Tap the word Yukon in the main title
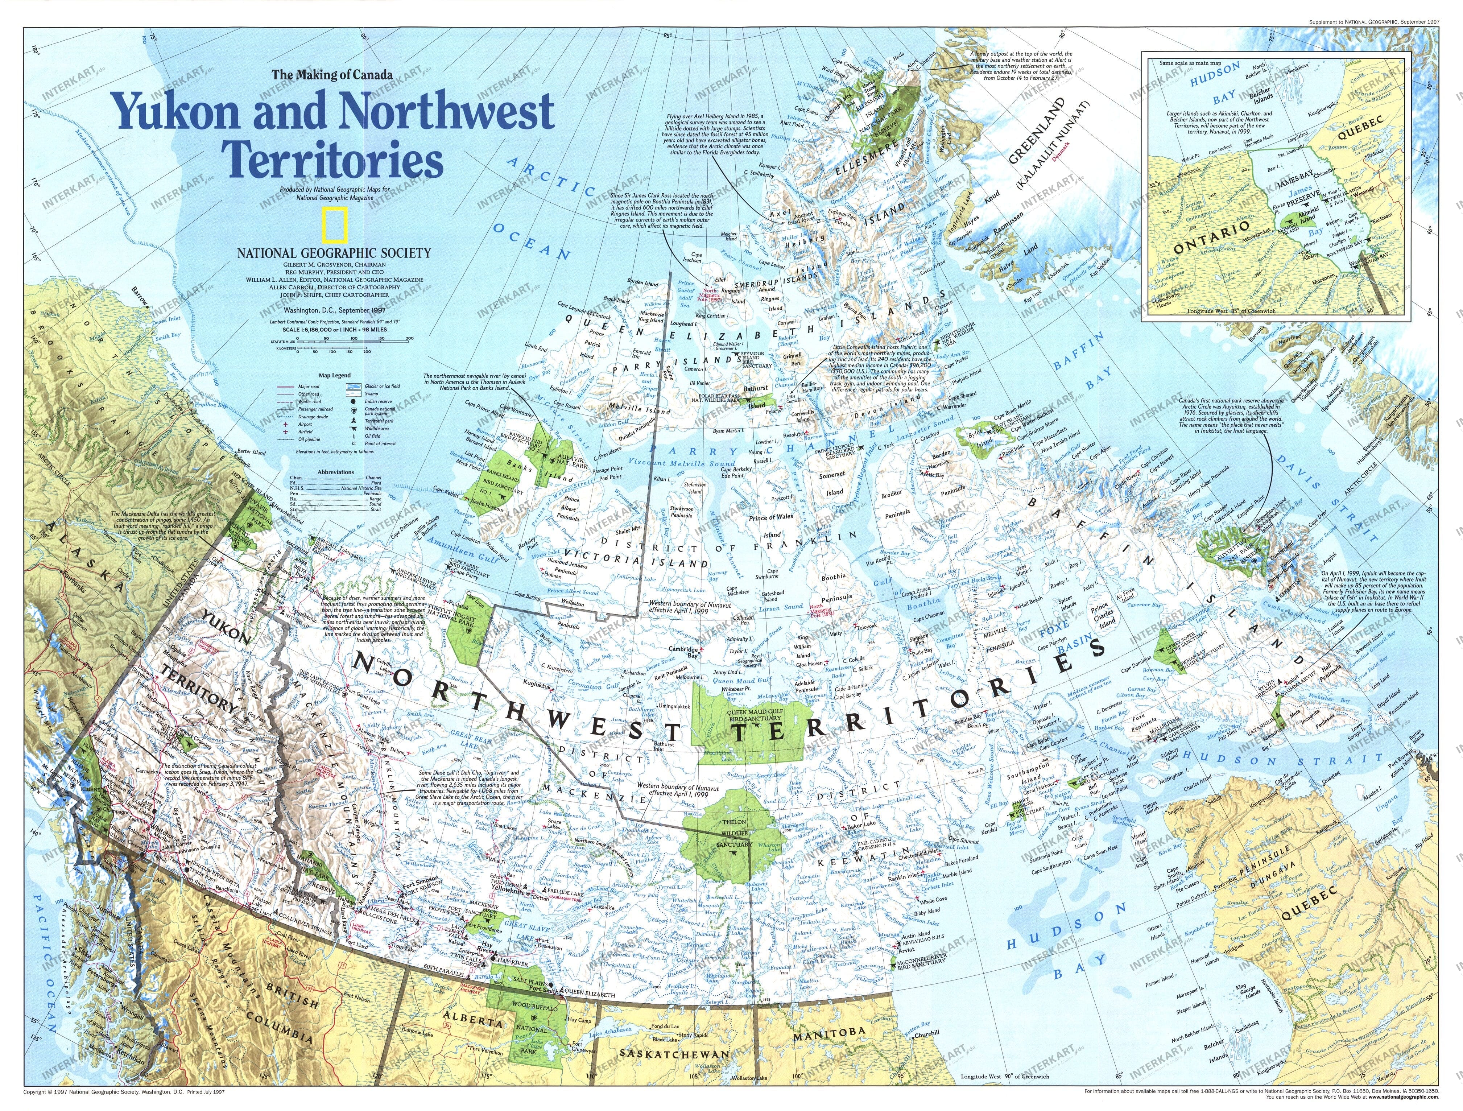click(x=177, y=111)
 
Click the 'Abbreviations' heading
click(x=336, y=472)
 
